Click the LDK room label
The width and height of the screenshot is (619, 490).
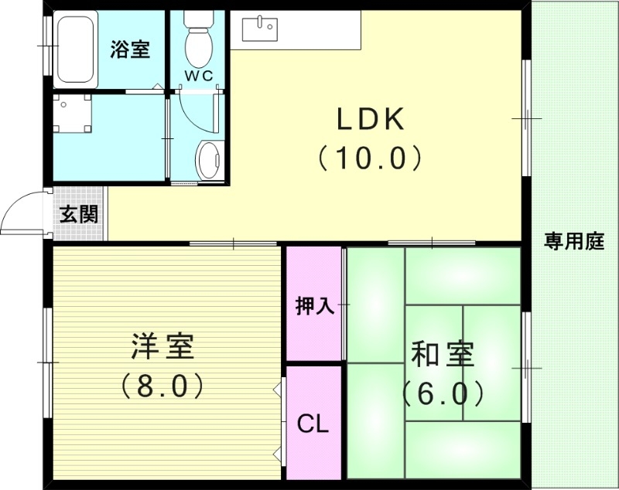[369, 121]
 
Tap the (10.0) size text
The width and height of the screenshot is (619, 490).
[369, 158]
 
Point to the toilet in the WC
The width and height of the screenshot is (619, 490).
[198, 39]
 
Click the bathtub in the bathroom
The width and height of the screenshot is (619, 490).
[75, 49]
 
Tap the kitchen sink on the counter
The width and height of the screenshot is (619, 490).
[258, 29]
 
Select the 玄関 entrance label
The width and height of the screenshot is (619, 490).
[79, 214]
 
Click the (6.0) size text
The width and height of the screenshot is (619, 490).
[443, 394]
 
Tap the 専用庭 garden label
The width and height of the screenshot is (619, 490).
[573, 242]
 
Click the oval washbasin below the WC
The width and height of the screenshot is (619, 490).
[207, 158]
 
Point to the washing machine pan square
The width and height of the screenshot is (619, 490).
[74, 114]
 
